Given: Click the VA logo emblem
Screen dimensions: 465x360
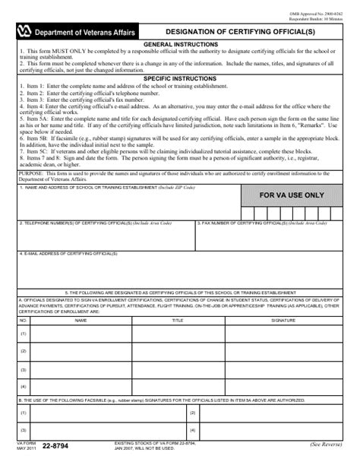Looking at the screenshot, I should point(24,30).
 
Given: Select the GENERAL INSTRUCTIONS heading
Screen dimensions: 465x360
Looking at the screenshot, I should point(179,45).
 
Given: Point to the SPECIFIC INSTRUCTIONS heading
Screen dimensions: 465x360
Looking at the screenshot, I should point(179,78).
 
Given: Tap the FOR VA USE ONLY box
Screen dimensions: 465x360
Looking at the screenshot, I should point(292,195).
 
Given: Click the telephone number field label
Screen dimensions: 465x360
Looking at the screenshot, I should point(95,224).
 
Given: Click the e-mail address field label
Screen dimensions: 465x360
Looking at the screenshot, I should point(61,254).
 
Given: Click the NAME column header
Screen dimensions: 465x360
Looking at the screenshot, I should point(81,321).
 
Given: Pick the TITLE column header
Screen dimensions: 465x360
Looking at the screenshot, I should point(178,321).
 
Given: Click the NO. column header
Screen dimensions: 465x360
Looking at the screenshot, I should point(24,321).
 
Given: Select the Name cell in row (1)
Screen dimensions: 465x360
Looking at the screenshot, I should point(81,334).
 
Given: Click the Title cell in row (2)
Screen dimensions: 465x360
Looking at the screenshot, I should point(178,353).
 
